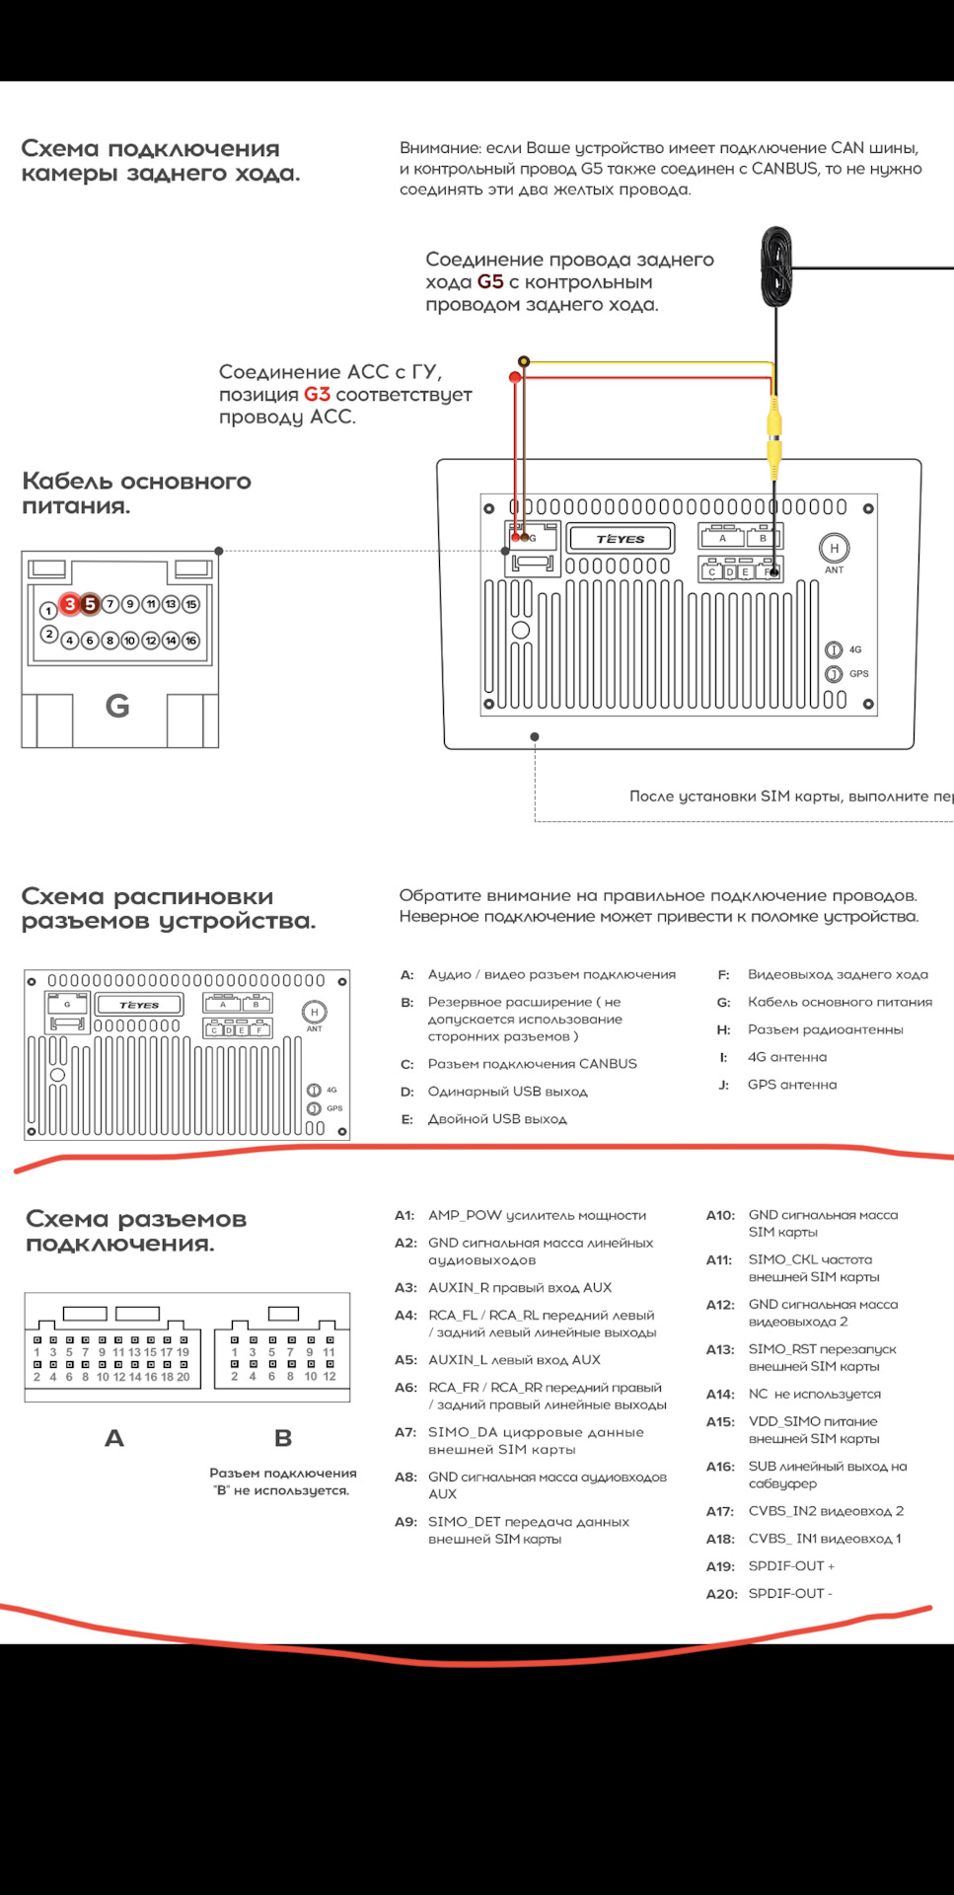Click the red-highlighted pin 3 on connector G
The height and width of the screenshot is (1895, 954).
(x=69, y=604)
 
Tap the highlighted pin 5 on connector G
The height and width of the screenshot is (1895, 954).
(x=90, y=604)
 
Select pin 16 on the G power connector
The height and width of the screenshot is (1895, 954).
(x=191, y=641)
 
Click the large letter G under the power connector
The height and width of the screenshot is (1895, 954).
(x=117, y=706)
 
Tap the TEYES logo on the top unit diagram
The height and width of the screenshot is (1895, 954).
(x=621, y=539)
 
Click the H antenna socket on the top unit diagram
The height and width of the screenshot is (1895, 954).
(x=835, y=548)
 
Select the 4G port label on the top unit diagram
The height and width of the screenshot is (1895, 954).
(x=855, y=649)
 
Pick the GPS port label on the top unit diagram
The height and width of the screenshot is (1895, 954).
(x=859, y=673)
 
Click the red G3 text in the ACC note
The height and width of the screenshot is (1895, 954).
(x=317, y=394)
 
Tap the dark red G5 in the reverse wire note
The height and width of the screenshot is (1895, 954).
(x=490, y=281)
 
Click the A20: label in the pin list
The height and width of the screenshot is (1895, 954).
(x=721, y=1593)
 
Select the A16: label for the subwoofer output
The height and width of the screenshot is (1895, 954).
(x=720, y=1466)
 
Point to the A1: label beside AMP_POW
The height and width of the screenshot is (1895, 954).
(x=404, y=1215)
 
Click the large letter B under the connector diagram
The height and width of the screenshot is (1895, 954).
(x=283, y=1438)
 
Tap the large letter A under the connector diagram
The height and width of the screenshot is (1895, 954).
(x=114, y=1438)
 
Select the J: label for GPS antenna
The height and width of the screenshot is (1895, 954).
(x=724, y=1085)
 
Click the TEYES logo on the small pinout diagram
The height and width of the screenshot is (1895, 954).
(x=139, y=1005)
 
